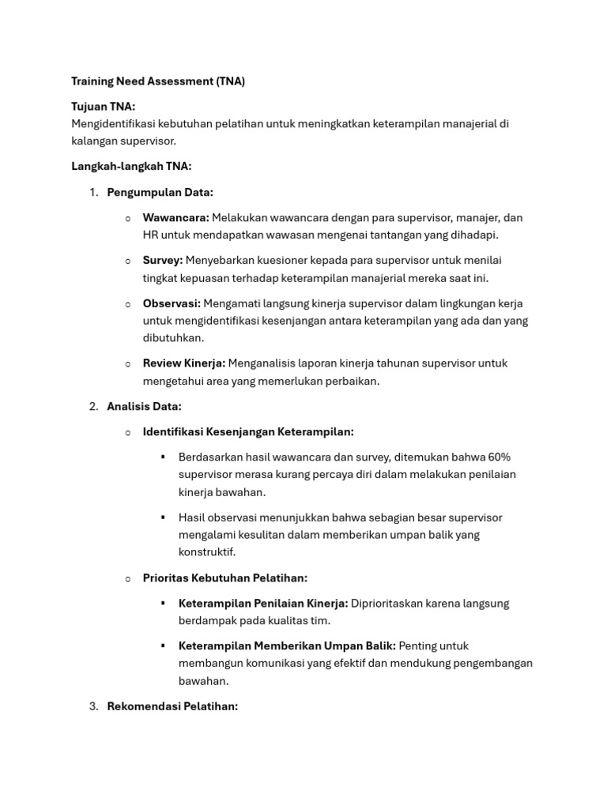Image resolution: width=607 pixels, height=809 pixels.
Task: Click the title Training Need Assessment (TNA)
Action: (x=158, y=81)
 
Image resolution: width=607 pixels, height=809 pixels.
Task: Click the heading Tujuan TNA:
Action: (x=104, y=107)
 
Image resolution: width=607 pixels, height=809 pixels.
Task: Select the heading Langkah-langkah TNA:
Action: (x=131, y=166)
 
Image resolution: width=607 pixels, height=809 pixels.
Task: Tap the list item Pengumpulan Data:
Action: (x=160, y=192)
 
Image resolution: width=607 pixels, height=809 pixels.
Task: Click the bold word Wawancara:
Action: (x=175, y=217)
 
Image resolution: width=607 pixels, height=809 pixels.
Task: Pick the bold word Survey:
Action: (x=163, y=260)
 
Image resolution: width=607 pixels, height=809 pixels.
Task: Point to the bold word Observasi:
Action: (x=172, y=303)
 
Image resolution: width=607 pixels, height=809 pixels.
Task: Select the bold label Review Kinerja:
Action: (x=184, y=363)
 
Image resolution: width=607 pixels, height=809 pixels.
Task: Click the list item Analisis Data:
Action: (x=144, y=406)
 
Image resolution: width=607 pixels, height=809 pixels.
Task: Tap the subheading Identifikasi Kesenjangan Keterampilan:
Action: (x=248, y=432)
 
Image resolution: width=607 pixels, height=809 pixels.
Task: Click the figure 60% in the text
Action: (x=500, y=457)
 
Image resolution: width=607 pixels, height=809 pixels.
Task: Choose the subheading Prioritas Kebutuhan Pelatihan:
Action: (x=225, y=578)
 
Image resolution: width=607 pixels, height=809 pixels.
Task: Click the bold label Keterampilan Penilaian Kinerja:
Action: (x=263, y=604)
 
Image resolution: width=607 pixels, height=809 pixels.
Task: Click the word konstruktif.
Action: (x=207, y=552)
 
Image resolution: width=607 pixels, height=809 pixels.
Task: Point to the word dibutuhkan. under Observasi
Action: (x=173, y=338)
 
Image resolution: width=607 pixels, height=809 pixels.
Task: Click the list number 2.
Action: (x=93, y=406)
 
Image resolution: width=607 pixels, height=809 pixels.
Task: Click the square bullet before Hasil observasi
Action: (x=163, y=517)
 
